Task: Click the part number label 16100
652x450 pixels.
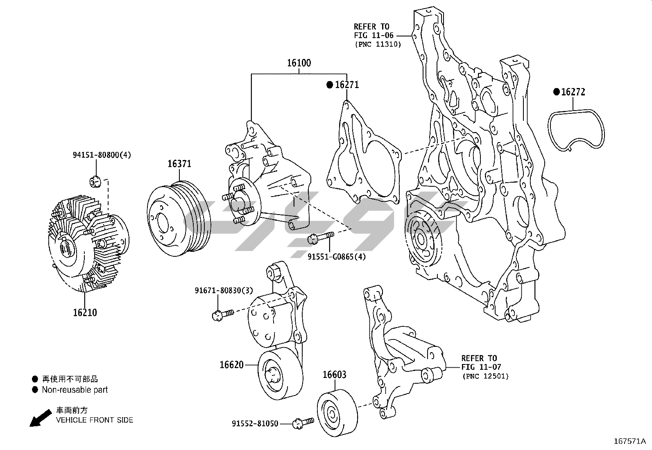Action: pyautogui.click(x=299, y=63)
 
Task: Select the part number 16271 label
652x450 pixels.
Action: pyautogui.click(x=346, y=85)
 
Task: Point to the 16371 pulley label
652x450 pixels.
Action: pyautogui.click(x=179, y=164)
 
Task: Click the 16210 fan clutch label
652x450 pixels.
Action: pyautogui.click(x=85, y=312)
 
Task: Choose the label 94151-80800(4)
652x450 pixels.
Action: pyautogui.click(x=102, y=155)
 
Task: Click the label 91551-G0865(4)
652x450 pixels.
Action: pyautogui.click(x=336, y=257)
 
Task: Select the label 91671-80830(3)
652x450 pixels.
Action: pyautogui.click(x=224, y=290)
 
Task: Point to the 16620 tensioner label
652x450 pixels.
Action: pyautogui.click(x=232, y=364)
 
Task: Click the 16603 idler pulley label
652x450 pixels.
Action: pyautogui.click(x=334, y=375)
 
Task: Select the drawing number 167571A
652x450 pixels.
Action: pyautogui.click(x=629, y=441)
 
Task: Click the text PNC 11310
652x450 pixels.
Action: pyautogui.click(x=378, y=44)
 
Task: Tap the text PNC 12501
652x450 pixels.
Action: pyautogui.click(x=485, y=376)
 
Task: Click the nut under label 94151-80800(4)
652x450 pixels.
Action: pyautogui.click(x=95, y=181)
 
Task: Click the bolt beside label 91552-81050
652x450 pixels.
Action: pyautogui.click(x=303, y=423)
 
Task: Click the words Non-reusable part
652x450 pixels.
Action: pyautogui.click(x=75, y=390)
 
